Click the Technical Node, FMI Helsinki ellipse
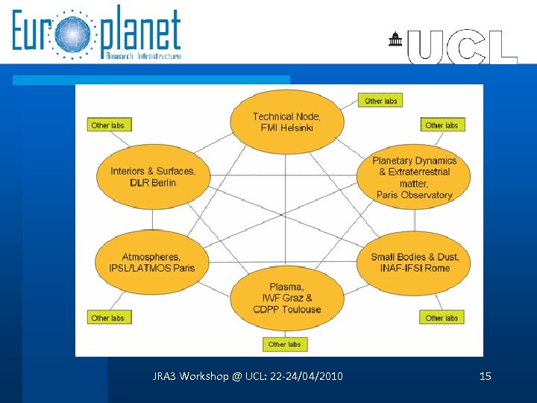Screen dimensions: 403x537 [x=286, y=122]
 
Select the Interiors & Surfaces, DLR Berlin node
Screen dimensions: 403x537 [x=153, y=177]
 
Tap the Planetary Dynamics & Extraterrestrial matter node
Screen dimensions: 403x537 [x=414, y=178]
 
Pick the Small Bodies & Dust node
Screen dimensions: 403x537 [x=415, y=262]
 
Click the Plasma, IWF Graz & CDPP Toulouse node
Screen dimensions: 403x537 [x=286, y=298]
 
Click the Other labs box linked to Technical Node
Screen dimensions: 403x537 [x=380, y=101]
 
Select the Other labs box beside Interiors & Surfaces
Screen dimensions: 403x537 [x=108, y=125]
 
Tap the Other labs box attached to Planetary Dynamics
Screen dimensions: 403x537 [x=442, y=125]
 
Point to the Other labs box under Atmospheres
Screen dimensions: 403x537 [x=108, y=318]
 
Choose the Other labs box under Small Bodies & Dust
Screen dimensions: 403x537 [x=442, y=318]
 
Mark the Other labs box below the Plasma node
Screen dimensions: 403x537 [x=285, y=344]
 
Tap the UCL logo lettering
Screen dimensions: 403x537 [x=462, y=47]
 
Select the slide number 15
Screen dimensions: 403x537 [x=486, y=376]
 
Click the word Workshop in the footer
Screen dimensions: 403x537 [x=202, y=376]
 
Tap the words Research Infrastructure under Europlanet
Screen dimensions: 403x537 [x=143, y=56]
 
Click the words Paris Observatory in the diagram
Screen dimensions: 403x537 [x=415, y=195]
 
